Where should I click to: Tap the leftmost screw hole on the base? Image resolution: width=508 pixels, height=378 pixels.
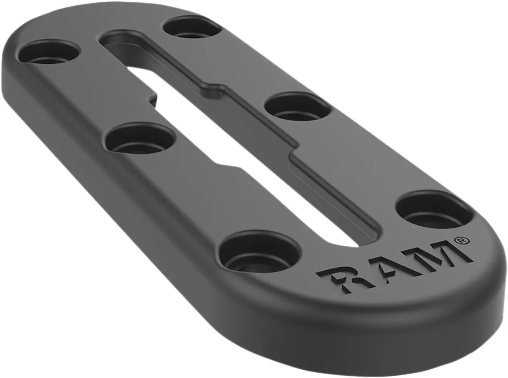pyautogui.click(x=49, y=53)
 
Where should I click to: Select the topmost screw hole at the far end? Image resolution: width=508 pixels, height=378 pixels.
pyautogui.click(x=192, y=27)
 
